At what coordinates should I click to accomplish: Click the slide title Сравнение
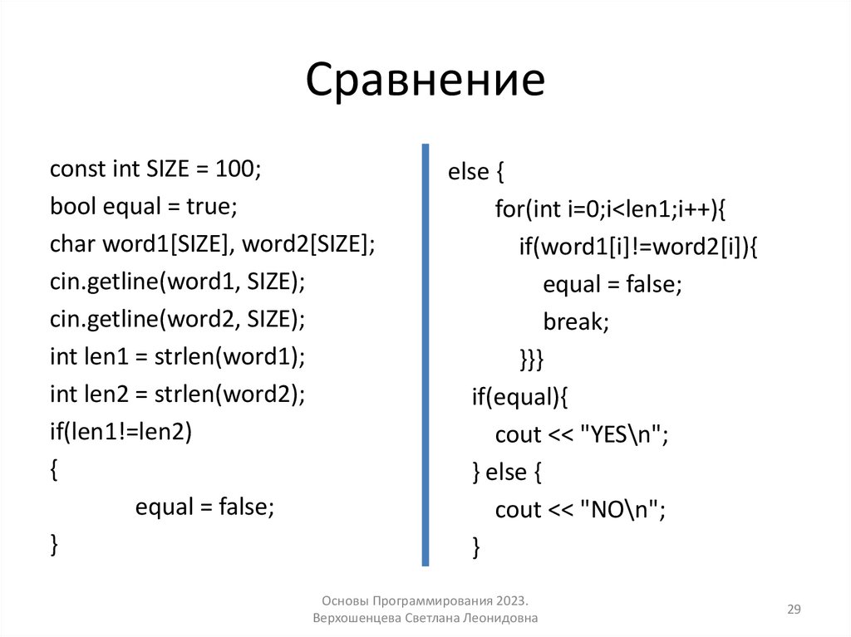[425, 81]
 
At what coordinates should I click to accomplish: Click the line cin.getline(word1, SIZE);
[178, 282]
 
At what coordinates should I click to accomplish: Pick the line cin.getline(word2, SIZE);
[178, 320]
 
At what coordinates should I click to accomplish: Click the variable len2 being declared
[105, 394]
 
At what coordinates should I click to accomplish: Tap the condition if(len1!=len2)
[121, 432]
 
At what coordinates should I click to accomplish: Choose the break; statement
[576, 322]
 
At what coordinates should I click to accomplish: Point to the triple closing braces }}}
[531, 360]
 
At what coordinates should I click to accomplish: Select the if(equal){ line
[519, 397]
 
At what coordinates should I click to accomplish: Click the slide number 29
[794, 610]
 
